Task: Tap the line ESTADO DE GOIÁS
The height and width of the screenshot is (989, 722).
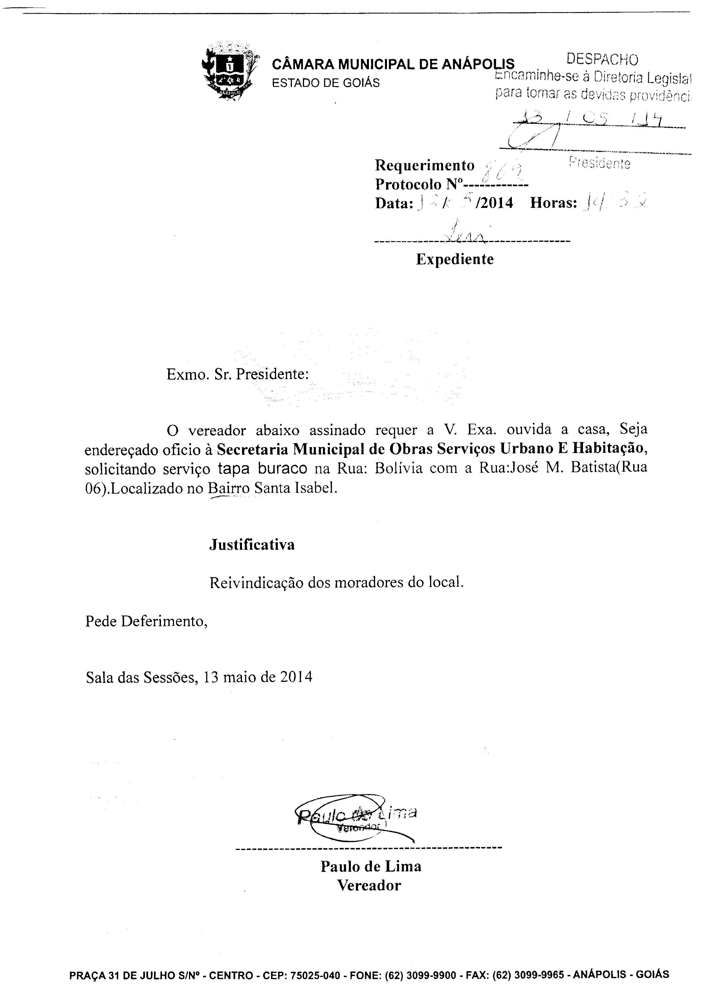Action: pos(325,83)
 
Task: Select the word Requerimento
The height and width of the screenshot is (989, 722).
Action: pos(424,166)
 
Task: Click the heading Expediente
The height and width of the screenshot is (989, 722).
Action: pos(455,259)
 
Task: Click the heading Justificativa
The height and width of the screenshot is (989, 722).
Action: pos(252,544)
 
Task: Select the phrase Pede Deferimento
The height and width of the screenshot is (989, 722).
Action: pos(146,621)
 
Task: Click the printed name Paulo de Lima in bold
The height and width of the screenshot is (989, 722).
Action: pos(371,867)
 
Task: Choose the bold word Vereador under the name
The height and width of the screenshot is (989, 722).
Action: pos(369,886)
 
